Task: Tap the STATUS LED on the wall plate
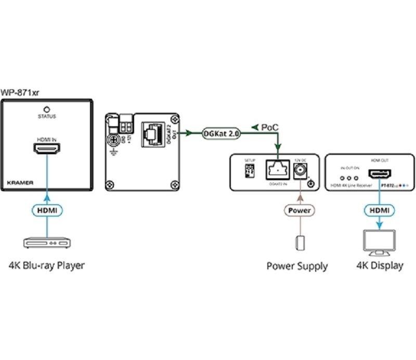47,109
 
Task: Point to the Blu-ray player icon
47,243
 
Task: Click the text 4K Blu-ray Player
47,265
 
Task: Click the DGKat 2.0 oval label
222,134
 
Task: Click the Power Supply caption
297,266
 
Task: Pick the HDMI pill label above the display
379,210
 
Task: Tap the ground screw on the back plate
112,139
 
